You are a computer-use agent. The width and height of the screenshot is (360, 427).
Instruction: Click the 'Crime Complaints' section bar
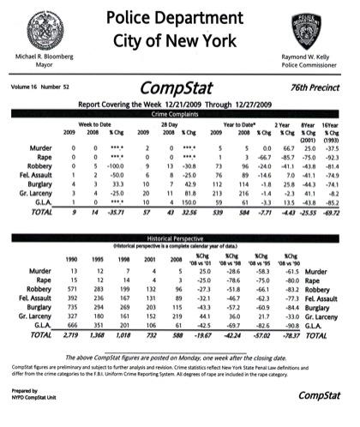181,114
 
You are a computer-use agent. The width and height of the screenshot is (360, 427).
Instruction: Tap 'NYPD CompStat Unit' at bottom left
31,400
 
